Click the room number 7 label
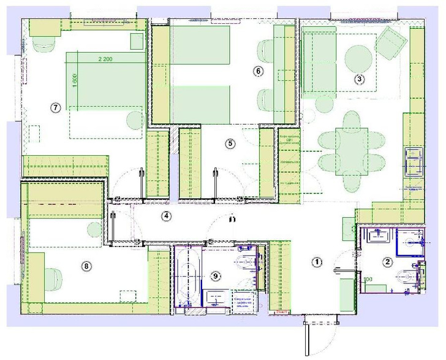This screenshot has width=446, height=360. coord(55,107)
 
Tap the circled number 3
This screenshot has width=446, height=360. coord(360,79)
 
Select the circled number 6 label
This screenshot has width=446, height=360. coord(258,71)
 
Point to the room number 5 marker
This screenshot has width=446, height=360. coord(230,144)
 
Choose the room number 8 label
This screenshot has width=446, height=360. coord(86,266)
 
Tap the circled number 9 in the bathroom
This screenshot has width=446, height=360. coord(215,275)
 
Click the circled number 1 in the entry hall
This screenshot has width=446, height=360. coord(317,262)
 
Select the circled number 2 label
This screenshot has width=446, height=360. coord(387,262)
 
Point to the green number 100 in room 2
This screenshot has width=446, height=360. coord(368,280)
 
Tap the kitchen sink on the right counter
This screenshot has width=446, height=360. coord(414,161)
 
